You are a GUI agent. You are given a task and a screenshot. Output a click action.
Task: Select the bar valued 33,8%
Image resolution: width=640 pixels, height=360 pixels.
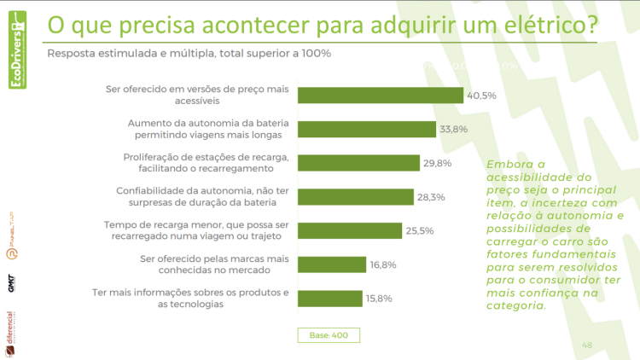368,129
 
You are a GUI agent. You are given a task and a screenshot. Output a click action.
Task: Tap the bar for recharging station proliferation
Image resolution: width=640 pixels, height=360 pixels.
358,163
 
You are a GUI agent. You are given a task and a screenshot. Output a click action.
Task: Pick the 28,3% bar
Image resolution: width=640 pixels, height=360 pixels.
356,196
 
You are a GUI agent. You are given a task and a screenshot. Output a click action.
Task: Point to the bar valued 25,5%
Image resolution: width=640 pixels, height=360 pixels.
350,230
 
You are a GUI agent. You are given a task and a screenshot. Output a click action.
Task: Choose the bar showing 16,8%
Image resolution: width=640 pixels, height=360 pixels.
332,264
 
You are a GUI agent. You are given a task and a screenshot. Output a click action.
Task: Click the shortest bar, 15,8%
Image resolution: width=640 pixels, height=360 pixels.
330,298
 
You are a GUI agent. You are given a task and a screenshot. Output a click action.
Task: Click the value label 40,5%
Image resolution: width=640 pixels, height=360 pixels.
481,96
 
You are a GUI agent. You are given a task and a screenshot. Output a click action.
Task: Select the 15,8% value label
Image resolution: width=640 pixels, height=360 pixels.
381,298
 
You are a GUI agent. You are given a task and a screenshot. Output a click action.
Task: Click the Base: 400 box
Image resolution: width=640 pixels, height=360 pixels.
328,335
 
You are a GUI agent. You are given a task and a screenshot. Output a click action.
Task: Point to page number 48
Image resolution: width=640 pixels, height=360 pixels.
587,345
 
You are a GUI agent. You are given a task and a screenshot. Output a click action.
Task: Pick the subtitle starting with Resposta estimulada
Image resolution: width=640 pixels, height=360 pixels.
189,53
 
